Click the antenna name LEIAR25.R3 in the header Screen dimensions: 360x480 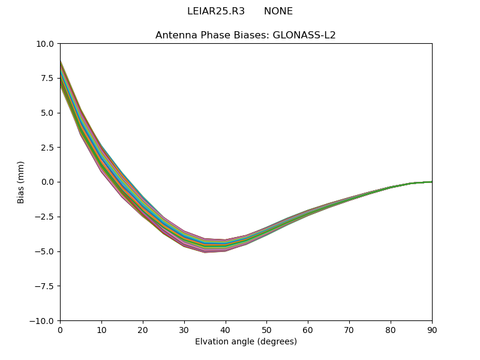216,11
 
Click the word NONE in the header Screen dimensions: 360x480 278,11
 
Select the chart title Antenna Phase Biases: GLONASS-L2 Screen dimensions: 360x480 245,35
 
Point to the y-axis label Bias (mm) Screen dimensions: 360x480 21,182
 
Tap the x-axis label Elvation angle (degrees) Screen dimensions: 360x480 245,342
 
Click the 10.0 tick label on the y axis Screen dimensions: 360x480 45,44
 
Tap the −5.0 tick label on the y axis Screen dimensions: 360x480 44,251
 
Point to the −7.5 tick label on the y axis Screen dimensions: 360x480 44,286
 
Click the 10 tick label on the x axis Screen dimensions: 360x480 101,329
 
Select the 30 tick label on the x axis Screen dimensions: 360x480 184,329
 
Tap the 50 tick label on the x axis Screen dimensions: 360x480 266,329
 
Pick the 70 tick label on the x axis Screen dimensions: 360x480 349,329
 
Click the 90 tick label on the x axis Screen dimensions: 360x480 431,329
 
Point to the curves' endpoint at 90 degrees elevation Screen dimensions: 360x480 431,182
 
